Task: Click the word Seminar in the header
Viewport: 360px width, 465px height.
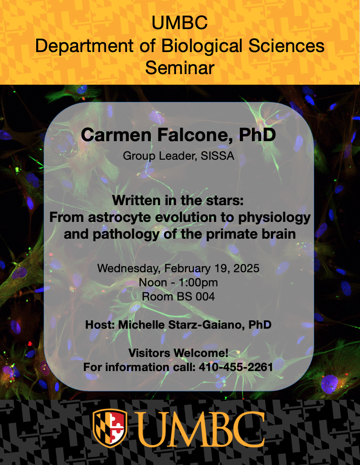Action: point(180,67)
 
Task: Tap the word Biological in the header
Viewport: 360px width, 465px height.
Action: point(202,47)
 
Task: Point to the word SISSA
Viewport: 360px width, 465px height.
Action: point(217,156)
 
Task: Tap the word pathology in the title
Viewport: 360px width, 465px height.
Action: point(127,234)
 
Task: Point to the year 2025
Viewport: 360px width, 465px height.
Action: point(246,268)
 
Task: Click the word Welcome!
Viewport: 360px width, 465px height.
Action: point(201,353)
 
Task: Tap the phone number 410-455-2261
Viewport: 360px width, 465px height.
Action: point(236,367)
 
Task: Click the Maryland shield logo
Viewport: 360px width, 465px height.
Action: point(110,428)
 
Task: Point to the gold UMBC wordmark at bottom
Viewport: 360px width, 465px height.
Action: point(201,429)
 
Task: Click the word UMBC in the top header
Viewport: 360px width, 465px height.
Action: point(180,23)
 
